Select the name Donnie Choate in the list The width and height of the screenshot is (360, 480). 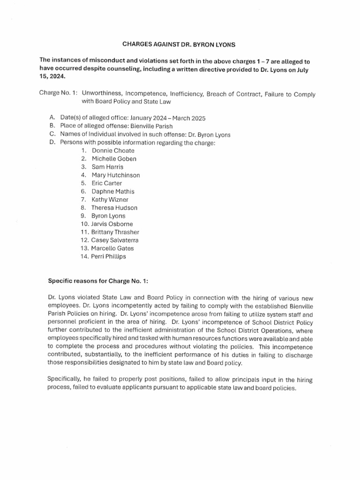(112, 150)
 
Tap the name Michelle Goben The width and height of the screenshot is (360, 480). (114, 159)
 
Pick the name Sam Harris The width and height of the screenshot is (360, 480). (107, 167)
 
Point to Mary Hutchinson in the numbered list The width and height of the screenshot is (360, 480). (115, 175)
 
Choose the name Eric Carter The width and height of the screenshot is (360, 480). (106, 183)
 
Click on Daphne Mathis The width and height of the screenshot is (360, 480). (112, 191)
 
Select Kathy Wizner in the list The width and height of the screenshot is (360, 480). (110, 200)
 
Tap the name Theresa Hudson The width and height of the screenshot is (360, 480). (114, 208)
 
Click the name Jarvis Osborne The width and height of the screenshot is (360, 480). (112, 224)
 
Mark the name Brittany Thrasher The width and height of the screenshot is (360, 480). (115, 232)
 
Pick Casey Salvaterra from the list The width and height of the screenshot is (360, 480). (114, 240)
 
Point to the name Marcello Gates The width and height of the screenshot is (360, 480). (113, 248)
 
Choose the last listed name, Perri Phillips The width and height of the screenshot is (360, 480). (108, 256)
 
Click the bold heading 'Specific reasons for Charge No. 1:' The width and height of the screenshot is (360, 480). (98, 281)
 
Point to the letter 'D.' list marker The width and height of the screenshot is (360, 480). (52, 142)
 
